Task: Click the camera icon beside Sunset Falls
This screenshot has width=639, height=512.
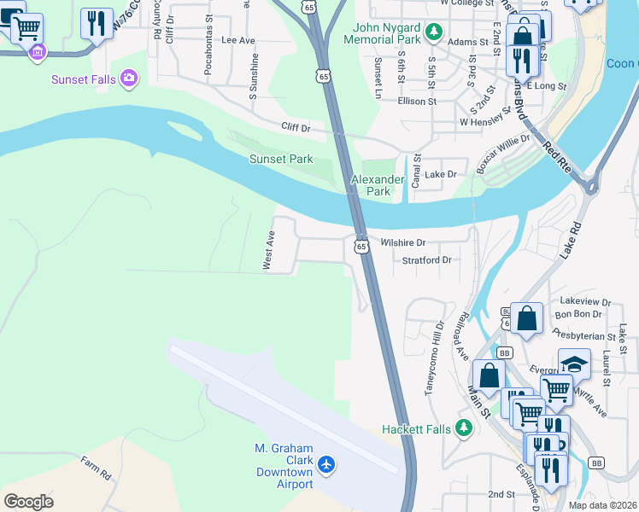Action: click(129, 79)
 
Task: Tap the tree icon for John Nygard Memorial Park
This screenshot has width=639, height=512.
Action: click(435, 32)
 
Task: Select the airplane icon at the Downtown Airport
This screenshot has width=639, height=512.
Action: click(325, 465)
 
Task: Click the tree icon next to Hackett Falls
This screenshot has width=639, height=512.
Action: click(463, 428)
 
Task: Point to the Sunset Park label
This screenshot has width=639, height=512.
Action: click(280, 159)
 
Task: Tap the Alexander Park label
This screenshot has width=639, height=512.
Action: click(378, 185)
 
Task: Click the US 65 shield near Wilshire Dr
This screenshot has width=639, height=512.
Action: click(361, 246)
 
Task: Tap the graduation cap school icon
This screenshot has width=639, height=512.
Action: click(574, 363)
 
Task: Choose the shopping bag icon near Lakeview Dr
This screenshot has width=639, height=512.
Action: click(527, 317)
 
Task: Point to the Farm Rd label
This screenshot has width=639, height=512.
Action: click(96, 468)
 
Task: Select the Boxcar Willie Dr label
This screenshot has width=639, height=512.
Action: click(504, 154)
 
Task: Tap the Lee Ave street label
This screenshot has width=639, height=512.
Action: click(238, 40)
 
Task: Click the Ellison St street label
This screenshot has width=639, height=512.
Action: click(417, 101)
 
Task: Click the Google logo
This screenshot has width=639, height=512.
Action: click(29, 502)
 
